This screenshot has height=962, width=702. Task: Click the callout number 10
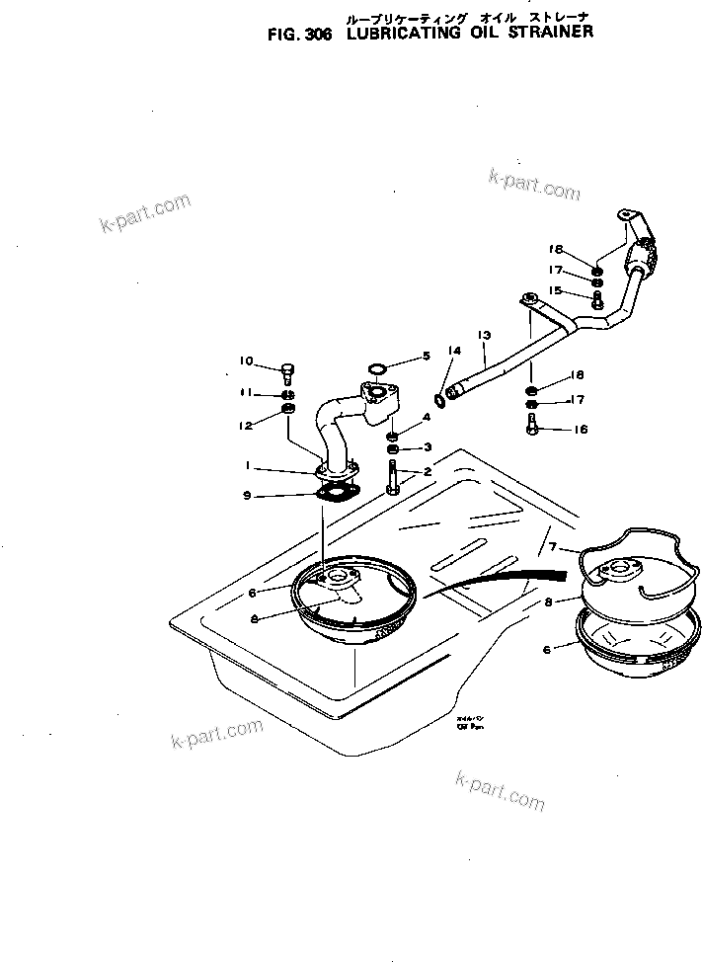[246, 361]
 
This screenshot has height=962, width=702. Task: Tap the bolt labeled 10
[287, 372]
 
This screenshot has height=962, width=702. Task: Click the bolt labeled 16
[532, 426]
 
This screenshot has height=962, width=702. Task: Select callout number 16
[580, 430]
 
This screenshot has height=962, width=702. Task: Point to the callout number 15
[556, 290]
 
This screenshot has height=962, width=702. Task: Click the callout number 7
[553, 547]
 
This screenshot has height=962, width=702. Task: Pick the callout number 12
[245, 425]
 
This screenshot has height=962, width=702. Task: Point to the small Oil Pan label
[468, 723]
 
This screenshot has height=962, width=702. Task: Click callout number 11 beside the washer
[246, 393]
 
